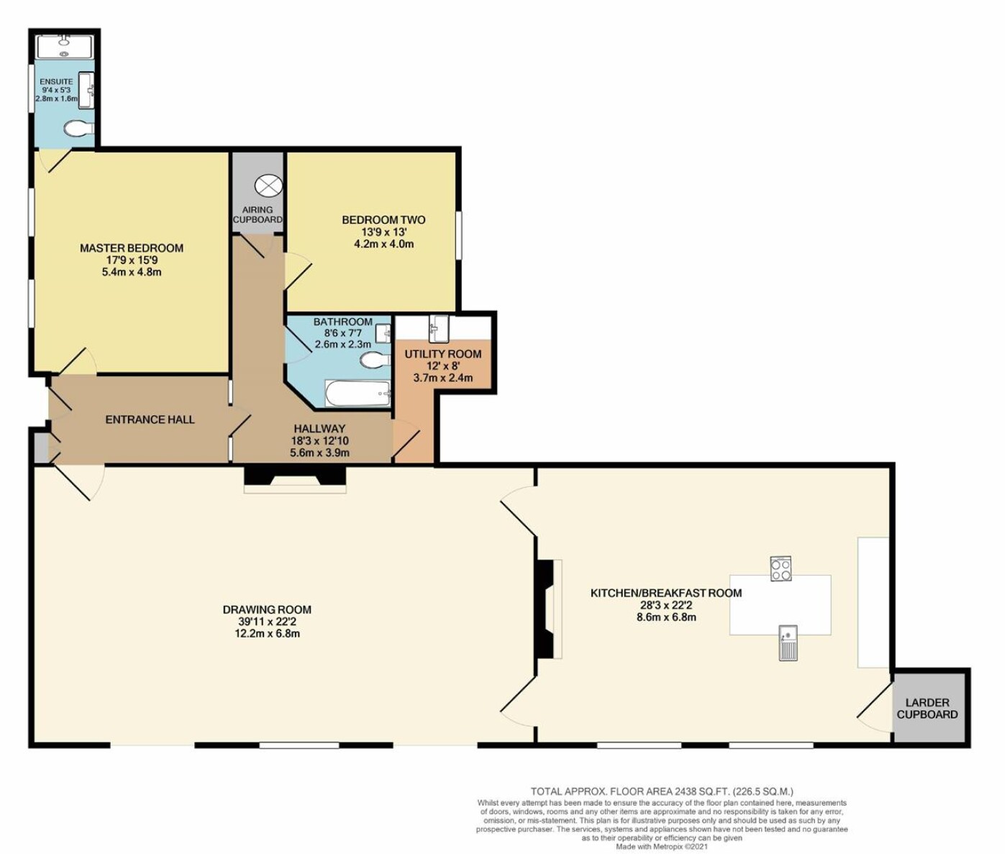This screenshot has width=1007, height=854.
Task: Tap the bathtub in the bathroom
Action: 358,393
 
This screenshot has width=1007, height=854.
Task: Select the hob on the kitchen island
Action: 780,568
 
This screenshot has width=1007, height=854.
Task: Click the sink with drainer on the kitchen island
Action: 788,643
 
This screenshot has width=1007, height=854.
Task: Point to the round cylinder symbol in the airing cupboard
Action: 268,186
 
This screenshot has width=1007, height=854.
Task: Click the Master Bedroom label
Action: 132,248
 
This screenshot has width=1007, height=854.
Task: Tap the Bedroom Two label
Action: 383,220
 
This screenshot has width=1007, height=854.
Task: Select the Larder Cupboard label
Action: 927,709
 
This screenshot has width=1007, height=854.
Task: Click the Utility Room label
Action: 443,354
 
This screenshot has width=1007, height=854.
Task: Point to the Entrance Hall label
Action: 150,419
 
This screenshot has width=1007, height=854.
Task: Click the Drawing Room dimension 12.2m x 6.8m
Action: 267,633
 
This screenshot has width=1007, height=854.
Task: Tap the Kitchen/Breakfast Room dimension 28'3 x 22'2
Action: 666,605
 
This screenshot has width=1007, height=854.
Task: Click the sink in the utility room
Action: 439,328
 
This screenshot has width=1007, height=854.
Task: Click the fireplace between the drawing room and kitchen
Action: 549,609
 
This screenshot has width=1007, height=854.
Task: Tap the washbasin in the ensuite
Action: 86,90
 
